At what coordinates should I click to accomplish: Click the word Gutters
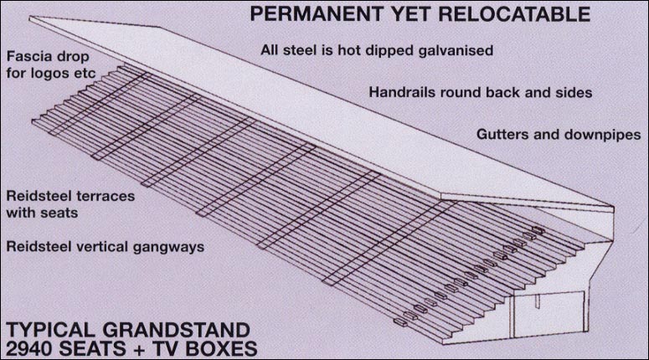click(501, 134)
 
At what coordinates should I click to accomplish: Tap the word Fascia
click(26, 57)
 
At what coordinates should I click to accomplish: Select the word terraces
click(105, 196)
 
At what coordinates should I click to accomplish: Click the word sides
click(574, 92)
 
